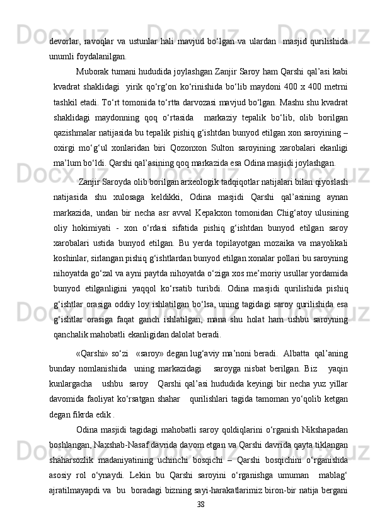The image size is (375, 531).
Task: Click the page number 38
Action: (x=200, y=522)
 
